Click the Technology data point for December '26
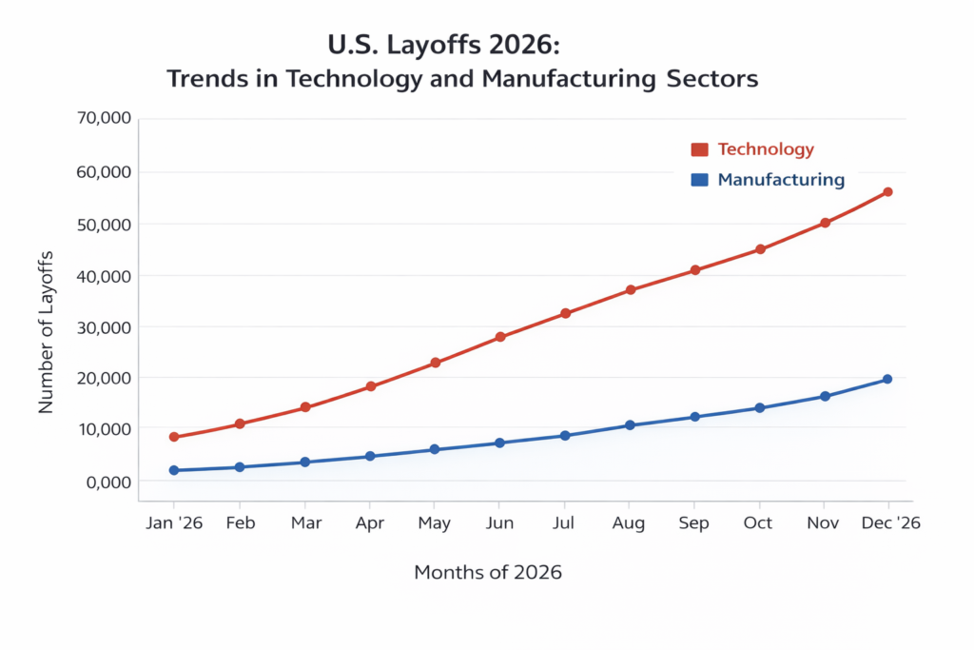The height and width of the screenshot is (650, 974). click(x=887, y=192)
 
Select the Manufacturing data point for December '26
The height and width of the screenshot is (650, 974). click(x=887, y=379)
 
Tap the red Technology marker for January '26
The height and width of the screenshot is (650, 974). click(x=174, y=437)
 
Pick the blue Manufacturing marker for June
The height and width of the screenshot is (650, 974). click(x=500, y=443)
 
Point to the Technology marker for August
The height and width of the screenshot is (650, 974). click(x=630, y=289)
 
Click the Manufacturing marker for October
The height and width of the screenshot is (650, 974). click(x=760, y=407)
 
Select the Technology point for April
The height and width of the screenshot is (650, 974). click(x=371, y=386)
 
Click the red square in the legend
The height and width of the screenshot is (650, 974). click(x=700, y=149)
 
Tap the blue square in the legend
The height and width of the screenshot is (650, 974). click(x=700, y=180)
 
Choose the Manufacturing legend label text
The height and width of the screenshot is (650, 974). click(x=780, y=180)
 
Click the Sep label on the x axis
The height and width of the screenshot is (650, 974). click(x=694, y=523)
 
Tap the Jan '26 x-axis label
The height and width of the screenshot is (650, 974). click(x=174, y=523)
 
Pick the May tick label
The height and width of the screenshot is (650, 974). click(x=435, y=523)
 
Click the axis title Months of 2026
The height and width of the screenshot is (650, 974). click(x=488, y=573)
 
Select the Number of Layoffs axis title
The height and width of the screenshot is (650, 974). click(x=46, y=332)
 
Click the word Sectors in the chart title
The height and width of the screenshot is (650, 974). click(x=711, y=79)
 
